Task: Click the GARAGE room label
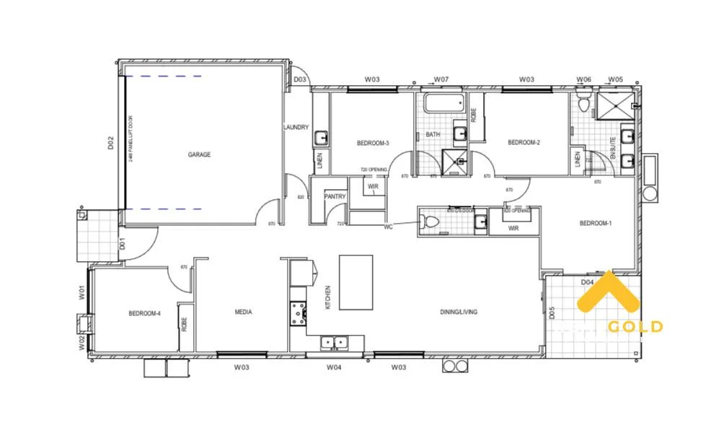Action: [x=199, y=154]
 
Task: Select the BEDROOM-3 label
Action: [x=373, y=143]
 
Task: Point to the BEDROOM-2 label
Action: [x=524, y=143]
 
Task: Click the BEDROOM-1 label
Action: [x=596, y=224]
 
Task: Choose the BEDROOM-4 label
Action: [x=144, y=313]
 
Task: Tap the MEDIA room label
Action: [x=243, y=312]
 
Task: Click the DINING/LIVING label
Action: [x=459, y=312]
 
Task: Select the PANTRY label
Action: [x=335, y=196]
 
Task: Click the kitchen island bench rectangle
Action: [x=356, y=282]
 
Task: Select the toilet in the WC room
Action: [x=431, y=222]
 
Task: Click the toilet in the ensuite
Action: [x=584, y=105]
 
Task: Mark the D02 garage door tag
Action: [x=111, y=143]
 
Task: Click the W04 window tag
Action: [x=333, y=367]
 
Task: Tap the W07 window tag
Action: [x=441, y=79]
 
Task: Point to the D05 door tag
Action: [x=552, y=313]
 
